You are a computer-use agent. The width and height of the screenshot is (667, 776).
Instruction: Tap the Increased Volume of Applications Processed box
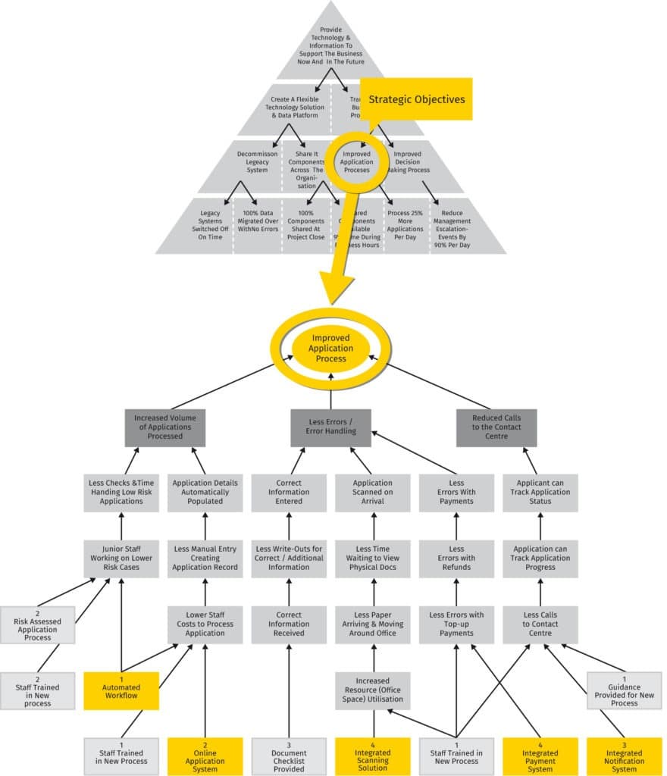[x=164, y=427]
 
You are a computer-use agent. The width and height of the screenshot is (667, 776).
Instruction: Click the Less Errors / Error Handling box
[x=330, y=427]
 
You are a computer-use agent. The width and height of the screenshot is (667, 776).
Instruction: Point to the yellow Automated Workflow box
[x=121, y=690]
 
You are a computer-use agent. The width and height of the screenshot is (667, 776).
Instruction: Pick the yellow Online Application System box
[x=205, y=756]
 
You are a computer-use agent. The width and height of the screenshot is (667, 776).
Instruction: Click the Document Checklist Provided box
[x=289, y=756]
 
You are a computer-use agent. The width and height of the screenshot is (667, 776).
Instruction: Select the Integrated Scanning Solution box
[x=373, y=756]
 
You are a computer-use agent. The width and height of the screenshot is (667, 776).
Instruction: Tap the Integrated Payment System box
[x=541, y=756]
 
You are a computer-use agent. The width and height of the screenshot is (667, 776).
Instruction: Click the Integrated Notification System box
[x=624, y=756]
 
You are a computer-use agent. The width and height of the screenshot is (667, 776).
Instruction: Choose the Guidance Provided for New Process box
[x=624, y=690]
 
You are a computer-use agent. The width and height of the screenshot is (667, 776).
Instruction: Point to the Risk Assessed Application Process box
[x=38, y=624]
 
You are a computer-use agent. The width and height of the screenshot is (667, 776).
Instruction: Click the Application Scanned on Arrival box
[x=373, y=492]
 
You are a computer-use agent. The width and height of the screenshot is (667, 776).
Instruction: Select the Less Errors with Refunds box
[x=456, y=558]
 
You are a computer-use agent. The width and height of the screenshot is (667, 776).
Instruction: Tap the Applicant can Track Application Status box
[x=540, y=492]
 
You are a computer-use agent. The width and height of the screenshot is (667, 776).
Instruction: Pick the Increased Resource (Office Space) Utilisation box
[x=373, y=690]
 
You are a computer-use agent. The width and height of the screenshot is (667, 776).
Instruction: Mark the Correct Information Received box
[x=289, y=624]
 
